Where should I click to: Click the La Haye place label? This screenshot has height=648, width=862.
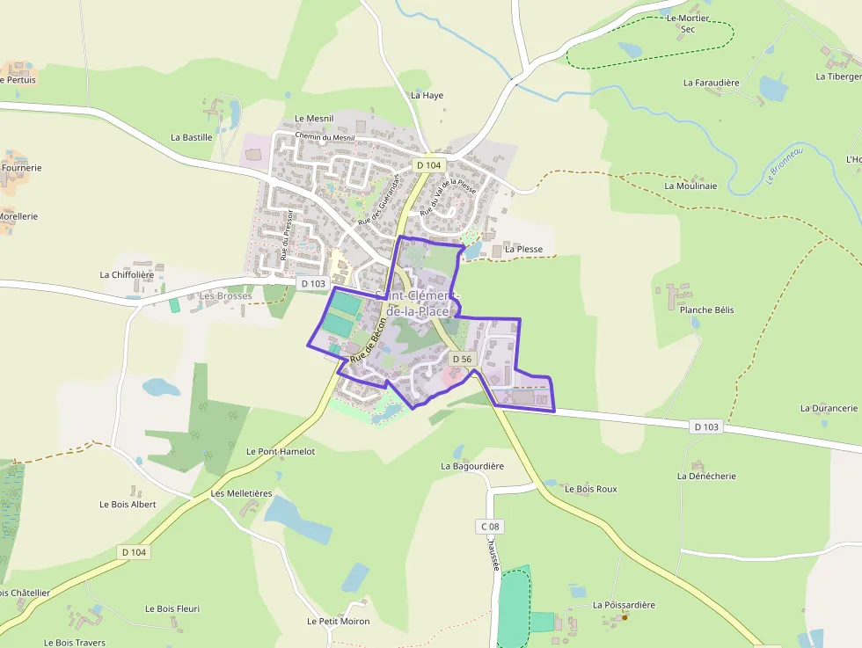point(427,95)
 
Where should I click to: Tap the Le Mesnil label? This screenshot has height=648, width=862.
point(314,118)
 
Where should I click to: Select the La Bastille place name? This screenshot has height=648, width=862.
point(192,137)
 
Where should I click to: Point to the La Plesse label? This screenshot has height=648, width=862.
point(523,250)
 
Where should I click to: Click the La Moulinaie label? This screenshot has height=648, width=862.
point(690,186)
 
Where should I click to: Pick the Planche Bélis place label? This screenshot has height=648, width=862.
point(706,310)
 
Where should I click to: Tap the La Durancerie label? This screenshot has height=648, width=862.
point(829,408)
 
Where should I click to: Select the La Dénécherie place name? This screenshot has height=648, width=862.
point(706,477)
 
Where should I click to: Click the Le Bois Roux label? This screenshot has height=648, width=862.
point(591,489)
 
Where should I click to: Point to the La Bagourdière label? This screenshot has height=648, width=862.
point(472,466)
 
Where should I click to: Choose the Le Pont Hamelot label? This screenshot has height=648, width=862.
point(281,451)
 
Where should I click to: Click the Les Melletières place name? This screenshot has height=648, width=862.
point(241,493)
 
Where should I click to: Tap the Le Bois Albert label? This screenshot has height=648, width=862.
point(128,505)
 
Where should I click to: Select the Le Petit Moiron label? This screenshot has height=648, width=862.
point(338,621)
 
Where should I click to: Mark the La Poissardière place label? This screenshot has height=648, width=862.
point(624,605)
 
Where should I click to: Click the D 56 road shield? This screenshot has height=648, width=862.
point(462,359)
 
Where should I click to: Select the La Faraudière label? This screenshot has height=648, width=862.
point(711,83)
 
